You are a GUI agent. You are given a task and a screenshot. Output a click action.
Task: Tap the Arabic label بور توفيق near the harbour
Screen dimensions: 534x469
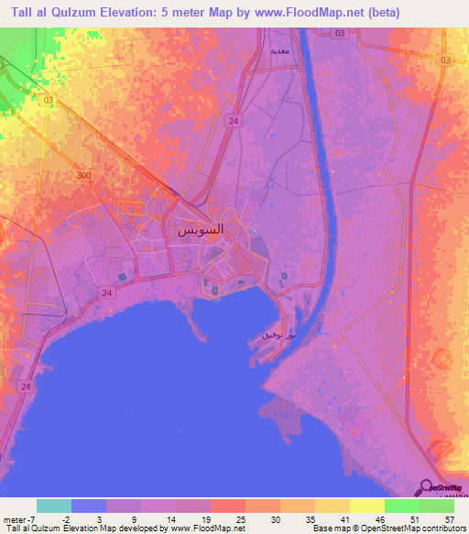[x=274, y=337]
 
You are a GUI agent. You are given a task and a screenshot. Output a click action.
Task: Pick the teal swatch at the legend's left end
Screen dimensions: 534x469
[x=53, y=506]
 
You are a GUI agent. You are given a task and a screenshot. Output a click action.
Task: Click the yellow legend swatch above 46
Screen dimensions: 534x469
[x=366, y=506]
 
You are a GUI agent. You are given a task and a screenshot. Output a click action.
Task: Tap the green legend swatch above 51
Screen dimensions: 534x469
[x=401, y=506]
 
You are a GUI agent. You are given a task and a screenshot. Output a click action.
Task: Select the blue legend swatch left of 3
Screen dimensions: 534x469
[x=88, y=506]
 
